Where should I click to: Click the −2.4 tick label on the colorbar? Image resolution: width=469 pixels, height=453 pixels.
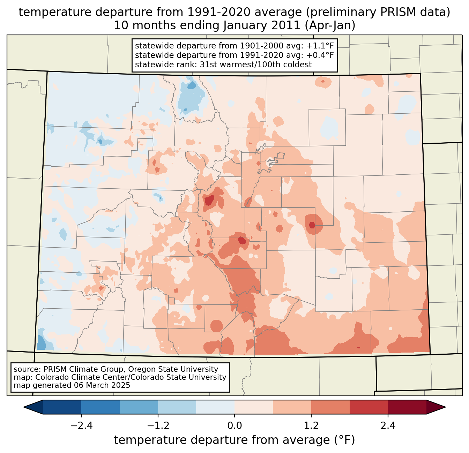point(81,426)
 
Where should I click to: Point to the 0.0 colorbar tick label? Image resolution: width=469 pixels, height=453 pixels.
point(234,426)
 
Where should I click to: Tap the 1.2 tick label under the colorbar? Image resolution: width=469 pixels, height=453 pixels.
point(311,426)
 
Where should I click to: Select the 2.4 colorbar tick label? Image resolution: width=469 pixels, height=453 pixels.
point(388,426)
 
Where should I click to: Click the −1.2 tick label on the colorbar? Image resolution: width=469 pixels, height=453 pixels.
point(158,426)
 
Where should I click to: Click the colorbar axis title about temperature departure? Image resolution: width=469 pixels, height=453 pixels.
point(234,440)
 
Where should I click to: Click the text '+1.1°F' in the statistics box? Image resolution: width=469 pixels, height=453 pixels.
point(321,46)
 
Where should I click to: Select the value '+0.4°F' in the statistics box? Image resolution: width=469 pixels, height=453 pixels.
point(321,55)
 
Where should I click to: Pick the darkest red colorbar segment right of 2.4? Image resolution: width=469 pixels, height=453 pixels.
point(407,407)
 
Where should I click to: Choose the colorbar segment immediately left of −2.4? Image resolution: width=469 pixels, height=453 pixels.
point(62,407)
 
